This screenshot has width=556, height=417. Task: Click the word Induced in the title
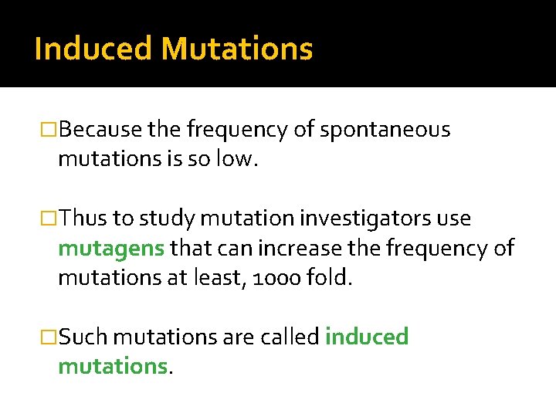pos(93,49)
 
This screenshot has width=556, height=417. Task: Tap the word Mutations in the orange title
pos(237,49)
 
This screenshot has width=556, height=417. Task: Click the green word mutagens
pos(111,249)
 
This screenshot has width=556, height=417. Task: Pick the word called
pos(291,337)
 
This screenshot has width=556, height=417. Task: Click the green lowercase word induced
pos(367,337)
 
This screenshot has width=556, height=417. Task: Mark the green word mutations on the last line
pos(112,366)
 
